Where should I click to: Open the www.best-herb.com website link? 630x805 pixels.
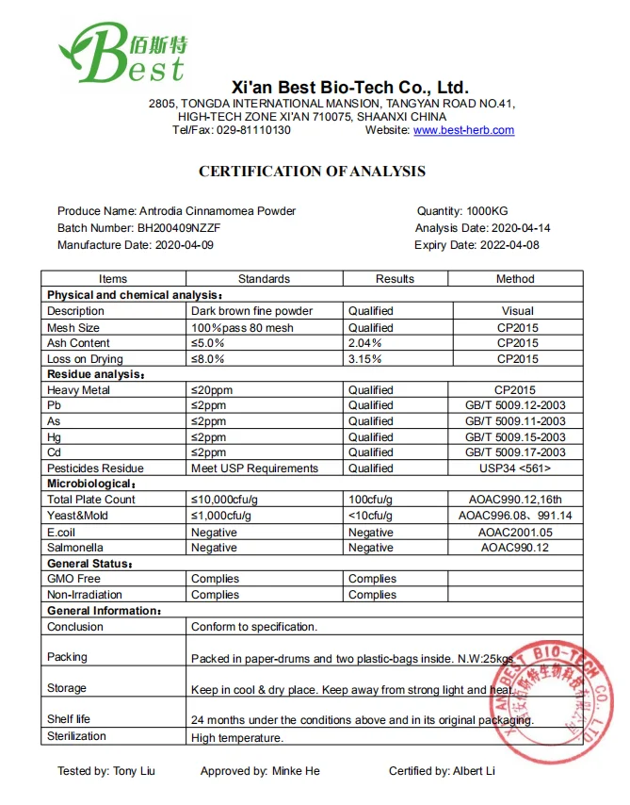[x=463, y=130]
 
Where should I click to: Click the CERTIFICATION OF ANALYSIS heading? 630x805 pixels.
[x=312, y=172]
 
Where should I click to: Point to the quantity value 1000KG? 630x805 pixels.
[x=487, y=211]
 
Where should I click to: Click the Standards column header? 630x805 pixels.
[x=264, y=279]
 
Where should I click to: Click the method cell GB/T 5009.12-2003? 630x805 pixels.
[x=517, y=405]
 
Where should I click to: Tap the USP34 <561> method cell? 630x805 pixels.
[x=517, y=468]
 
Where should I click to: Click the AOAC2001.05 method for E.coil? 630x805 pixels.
[x=517, y=532]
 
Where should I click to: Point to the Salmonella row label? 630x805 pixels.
[x=76, y=548]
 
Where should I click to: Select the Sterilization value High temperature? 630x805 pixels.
[x=236, y=738]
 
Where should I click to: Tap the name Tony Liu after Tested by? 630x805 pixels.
[x=134, y=771]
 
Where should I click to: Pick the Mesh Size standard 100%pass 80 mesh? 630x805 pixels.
[x=242, y=328]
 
